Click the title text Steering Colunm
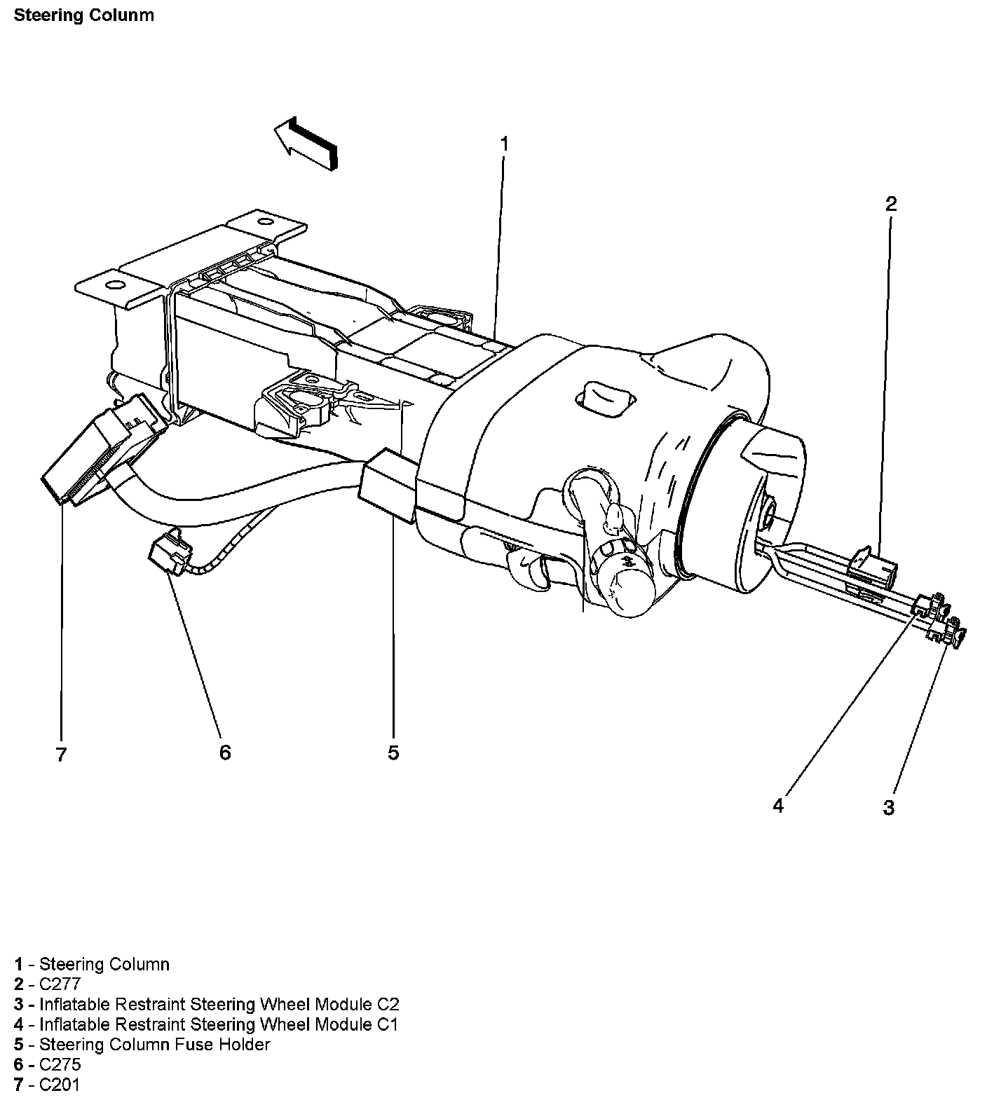[83, 15]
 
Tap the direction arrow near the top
[306, 142]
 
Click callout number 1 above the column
[504, 144]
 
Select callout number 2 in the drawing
[890, 204]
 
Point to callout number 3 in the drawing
[888, 807]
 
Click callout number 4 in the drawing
[778, 806]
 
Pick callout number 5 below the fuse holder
[393, 752]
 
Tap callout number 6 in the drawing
[224, 752]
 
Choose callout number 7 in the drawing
[61, 755]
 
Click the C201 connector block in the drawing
[102, 452]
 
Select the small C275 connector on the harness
[166, 552]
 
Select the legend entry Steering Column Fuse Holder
[142, 1045]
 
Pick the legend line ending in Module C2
[207, 1004]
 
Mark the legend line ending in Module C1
[206, 1024]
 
